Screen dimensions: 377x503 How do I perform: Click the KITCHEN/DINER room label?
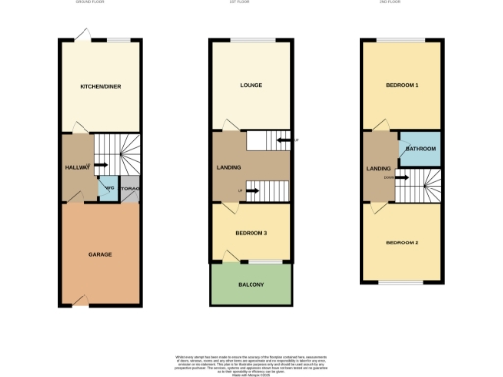(x=99, y=86)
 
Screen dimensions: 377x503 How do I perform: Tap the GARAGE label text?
(x=99, y=254)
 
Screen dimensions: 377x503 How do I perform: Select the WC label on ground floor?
(x=109, y=187)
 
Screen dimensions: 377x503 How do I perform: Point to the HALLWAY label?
(x=78, y=168)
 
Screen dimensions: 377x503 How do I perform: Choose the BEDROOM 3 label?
(x=251, y=232)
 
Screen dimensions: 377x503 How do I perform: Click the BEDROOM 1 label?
(x=402, y=86)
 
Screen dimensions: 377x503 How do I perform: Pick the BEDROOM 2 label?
(x=402, y=242)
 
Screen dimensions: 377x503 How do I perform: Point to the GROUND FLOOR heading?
(x=90, y=3)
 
